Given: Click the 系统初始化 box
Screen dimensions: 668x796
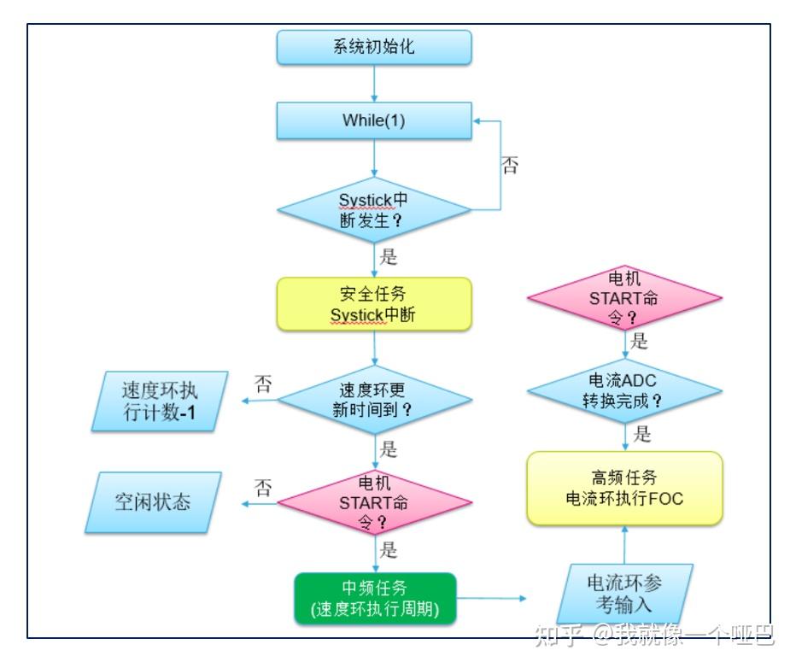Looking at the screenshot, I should pos(374,47).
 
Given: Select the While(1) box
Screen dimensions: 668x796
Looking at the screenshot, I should pos(374,120).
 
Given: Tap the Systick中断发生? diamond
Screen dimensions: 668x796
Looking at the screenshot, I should pos(374,208).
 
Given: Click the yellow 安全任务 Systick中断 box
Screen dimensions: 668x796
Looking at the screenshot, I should pos(374,304).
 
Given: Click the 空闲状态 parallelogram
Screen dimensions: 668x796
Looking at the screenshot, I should pos(154,502).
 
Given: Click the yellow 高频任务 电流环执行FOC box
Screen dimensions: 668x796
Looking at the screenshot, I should pos(624,488).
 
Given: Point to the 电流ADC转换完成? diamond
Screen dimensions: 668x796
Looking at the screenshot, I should pos(624,390).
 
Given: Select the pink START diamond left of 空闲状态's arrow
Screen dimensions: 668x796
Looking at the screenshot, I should pos(374,503).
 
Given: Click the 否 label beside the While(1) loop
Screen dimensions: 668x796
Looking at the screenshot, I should pos(510,166).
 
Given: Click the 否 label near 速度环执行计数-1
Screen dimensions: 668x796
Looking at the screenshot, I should pos(264,384).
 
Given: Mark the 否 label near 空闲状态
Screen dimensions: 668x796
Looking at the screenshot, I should pos(264,488).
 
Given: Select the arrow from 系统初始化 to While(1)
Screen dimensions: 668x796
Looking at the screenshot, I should pos(374,83).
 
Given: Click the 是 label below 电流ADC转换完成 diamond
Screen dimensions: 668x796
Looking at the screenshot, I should pos(642,434).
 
